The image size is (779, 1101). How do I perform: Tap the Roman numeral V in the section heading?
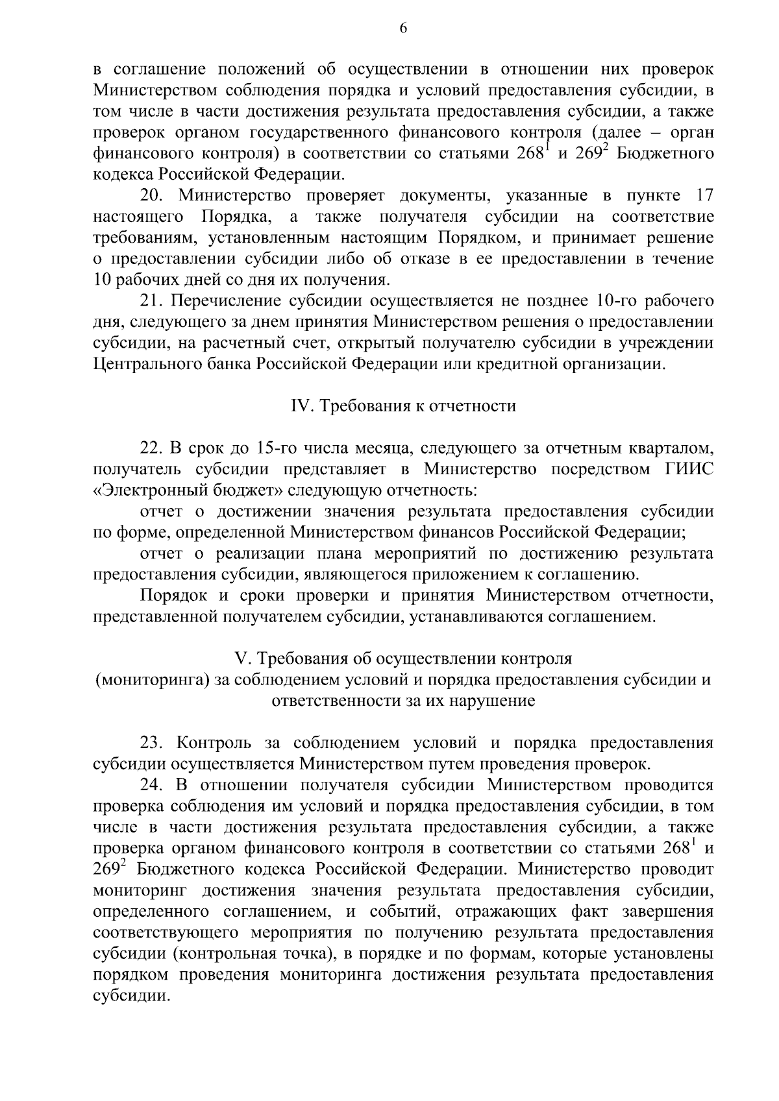243,659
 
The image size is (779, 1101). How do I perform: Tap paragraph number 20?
154,195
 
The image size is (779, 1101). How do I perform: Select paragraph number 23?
154,743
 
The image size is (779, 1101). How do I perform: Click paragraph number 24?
154,785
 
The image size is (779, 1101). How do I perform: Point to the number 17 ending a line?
704,195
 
